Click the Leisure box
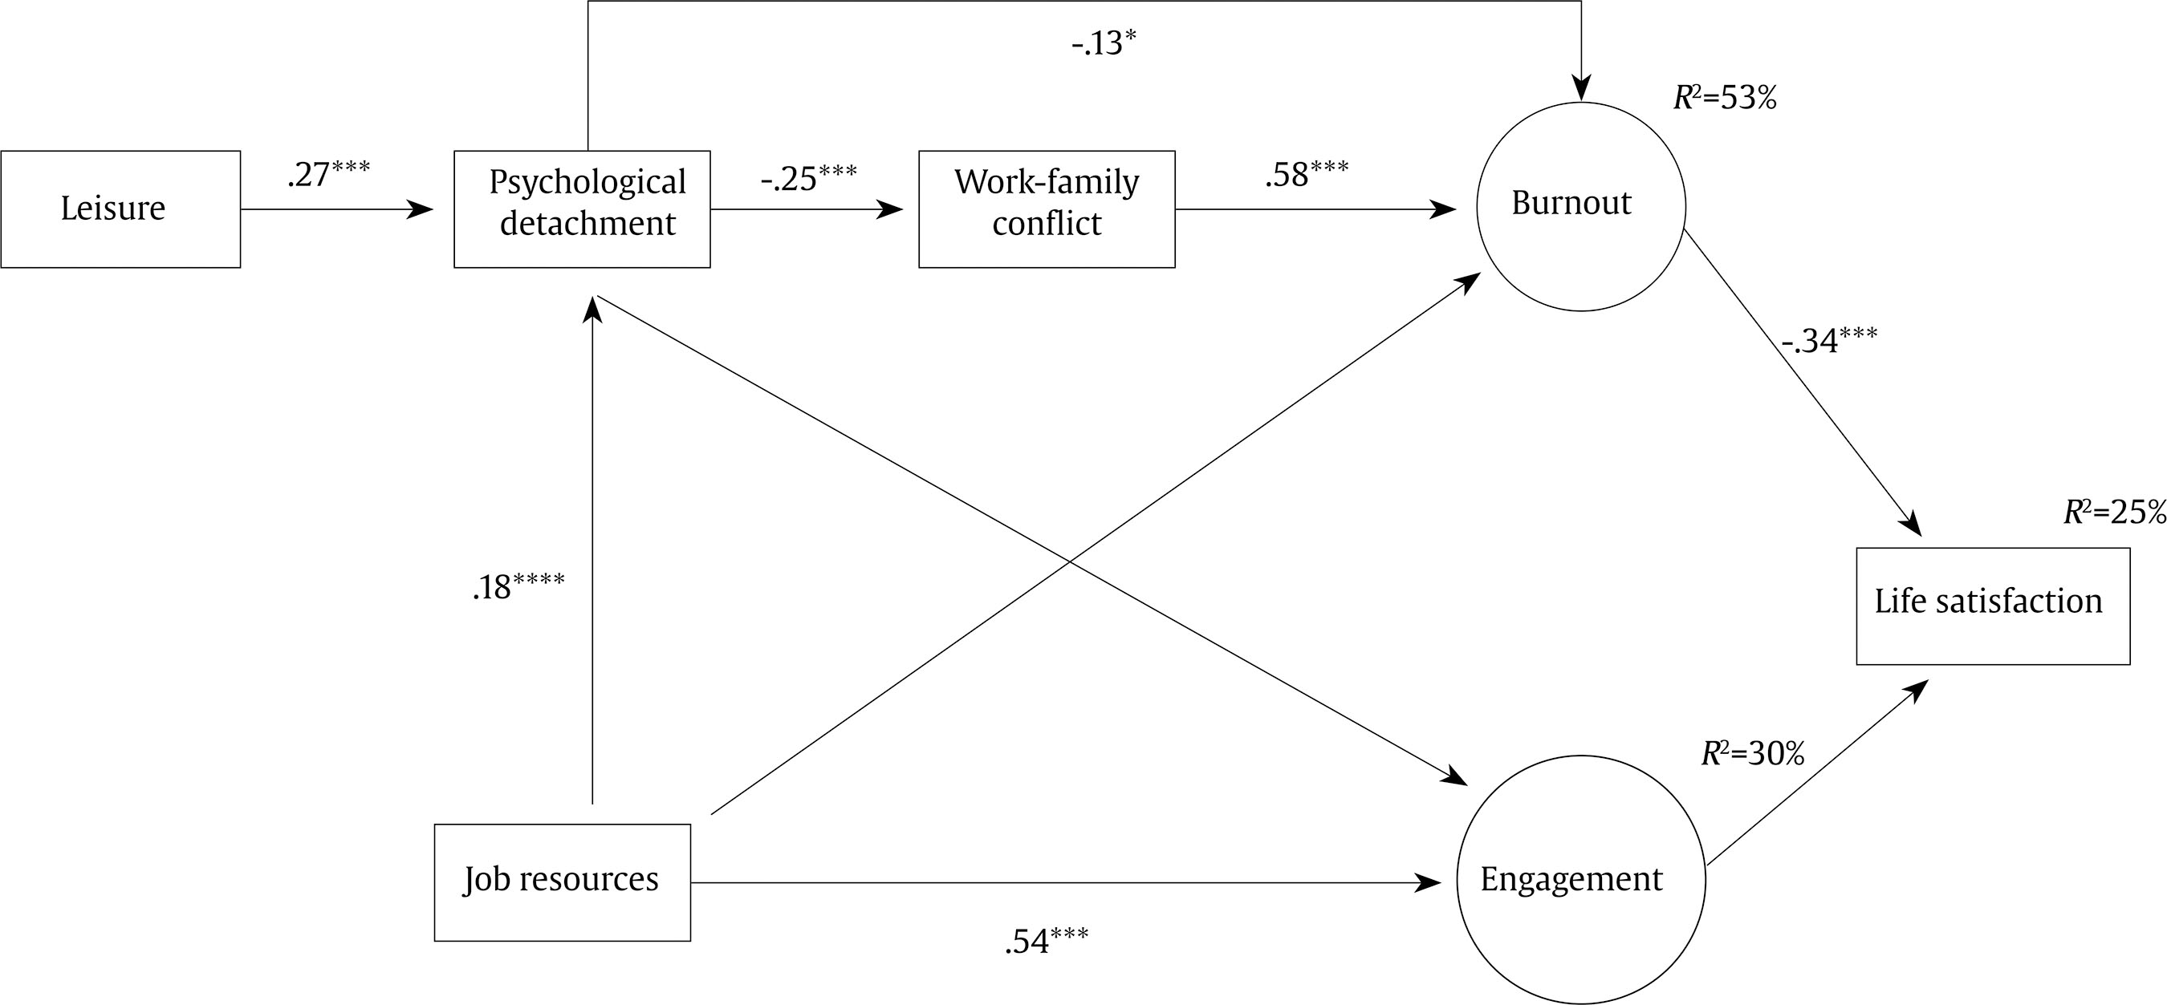click(120, 209)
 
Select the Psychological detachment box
click(582, 209)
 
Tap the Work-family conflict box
click(1047, 209)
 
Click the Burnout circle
click(1580, 207)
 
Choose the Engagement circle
click(1580, 880)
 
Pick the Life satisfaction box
click(1993, 606)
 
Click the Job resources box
click(562, 882)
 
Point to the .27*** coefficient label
click(328, 174)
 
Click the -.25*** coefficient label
click(808, 178)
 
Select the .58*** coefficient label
click(1307, 173)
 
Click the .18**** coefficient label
click(518, 586)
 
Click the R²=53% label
click(1725, 99)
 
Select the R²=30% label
click(1753, 753)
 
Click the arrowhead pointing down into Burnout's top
click(1581, 88)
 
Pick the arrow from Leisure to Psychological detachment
click(336, 209)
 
